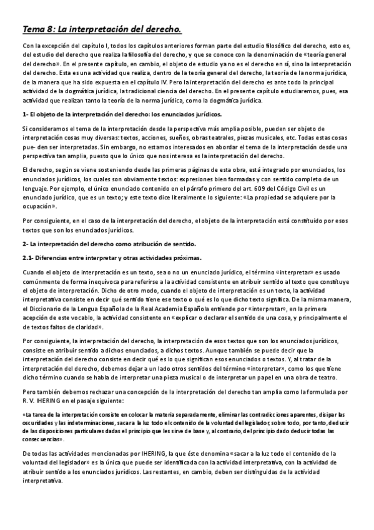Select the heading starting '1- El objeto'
point(121,114)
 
